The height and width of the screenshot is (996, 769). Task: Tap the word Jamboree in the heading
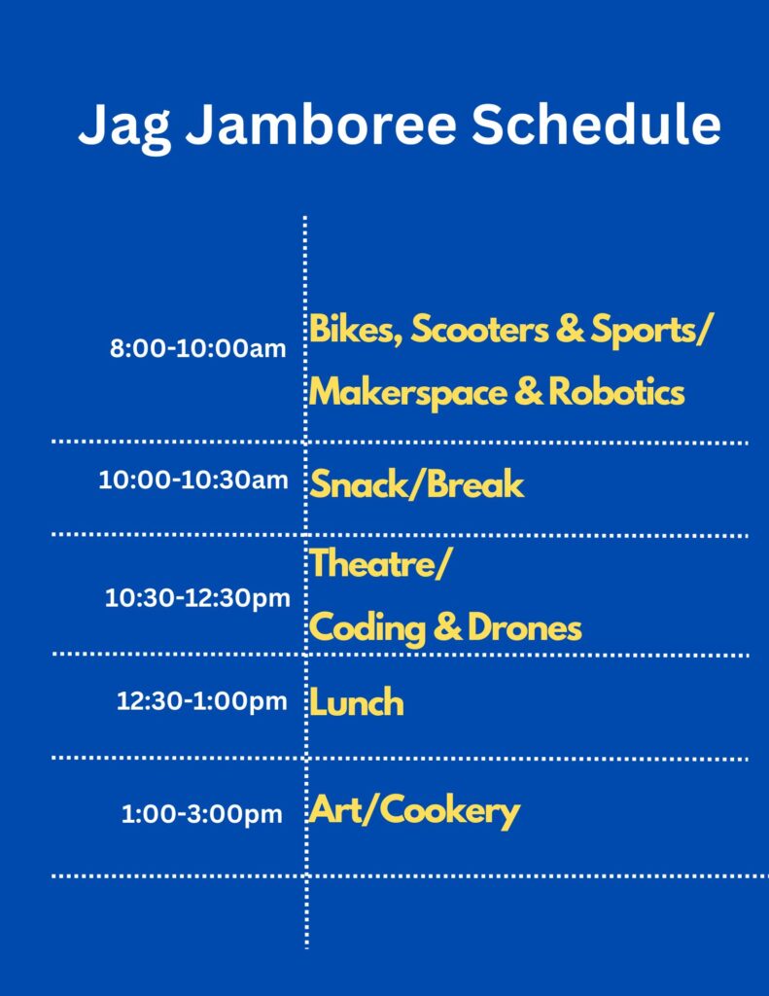(x=321, y=124)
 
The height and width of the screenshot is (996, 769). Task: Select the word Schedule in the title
(x=596, y=123)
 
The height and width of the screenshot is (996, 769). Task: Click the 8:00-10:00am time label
(x=197, y=348)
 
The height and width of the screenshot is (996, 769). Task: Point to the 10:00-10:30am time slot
(x=193, y=480)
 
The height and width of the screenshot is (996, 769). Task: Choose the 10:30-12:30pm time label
(x=196, y=599)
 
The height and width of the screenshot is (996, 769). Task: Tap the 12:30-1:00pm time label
(x=202, y=702)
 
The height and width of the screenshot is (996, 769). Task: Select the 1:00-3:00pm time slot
(x=202, y=815)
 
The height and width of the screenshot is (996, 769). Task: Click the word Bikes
(x=356, y=331)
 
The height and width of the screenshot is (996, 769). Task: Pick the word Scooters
(x=479, y=330)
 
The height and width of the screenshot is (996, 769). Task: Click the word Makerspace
(x=408, y=393)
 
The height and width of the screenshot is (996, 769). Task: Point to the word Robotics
(x=616, y=391)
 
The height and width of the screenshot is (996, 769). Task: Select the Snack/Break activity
(x=417, y=484)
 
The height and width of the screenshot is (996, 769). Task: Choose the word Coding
(x=367, y=629)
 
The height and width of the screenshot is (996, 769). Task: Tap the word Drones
(x=525, y=627)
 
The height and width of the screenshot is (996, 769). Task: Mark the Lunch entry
(x=357, y=702)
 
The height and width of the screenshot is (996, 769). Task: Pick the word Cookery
(x=450, y=812)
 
